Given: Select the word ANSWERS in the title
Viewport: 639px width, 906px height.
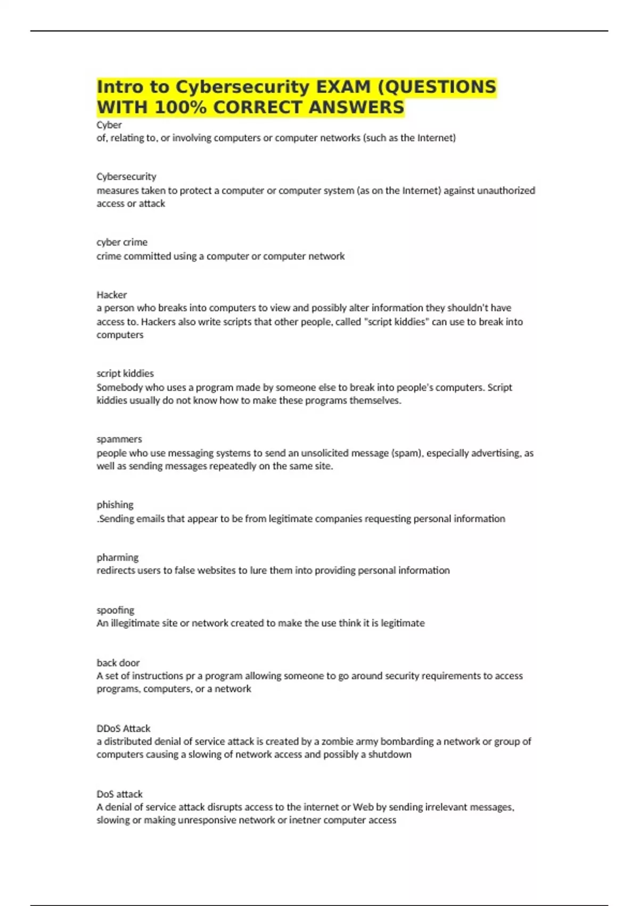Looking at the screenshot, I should tap(356, 108).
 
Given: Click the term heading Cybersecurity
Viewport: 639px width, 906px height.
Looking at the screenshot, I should tap(126, 176).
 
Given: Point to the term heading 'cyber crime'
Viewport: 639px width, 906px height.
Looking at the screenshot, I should tap(122, 242).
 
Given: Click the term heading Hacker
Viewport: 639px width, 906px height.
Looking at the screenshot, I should tap(111, 295).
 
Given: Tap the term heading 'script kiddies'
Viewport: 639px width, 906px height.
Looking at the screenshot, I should tap(125, 373).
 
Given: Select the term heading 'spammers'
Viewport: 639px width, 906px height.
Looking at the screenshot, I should tap(119, 439).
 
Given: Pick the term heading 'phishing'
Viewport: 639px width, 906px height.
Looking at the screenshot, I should tap(115, 505).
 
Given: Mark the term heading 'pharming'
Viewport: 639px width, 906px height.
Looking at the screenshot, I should tap(117, 557).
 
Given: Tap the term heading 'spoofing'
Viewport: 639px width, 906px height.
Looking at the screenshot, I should tap(115, 610).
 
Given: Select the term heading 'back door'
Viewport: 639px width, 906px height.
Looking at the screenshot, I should tap(118, 662).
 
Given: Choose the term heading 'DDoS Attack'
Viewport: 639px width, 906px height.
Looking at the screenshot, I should tap(124, 728).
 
